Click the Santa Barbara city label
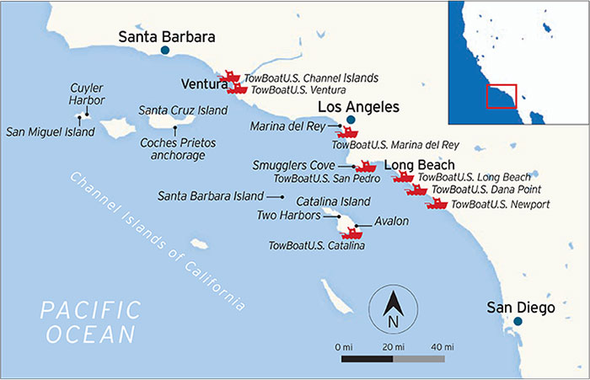click(x=167, y=36)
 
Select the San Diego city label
click(x=521, y=308)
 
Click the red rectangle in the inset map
click(x=501, y=95)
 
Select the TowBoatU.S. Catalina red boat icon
click(x=346, y=231)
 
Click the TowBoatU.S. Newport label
click(x=501, y=204)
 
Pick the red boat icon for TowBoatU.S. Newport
click(x=437, y=203)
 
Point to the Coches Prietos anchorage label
click(x=172, y=149)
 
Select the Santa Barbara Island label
click(x=211, y=196)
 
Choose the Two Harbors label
click(x=288, y=216)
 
